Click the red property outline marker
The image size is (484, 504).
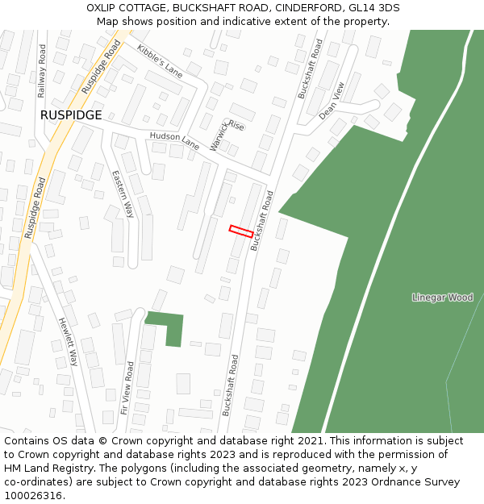coord(241,231)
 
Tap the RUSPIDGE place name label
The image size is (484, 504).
coord(71,115)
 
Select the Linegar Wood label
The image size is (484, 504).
coord(442,298)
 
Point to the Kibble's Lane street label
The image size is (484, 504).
coord(160,60)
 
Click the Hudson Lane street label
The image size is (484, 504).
coord(174,141)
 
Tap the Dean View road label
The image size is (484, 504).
coord(332,101)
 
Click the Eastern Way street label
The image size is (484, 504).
coord(123,194)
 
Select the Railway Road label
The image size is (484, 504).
coord(42,71)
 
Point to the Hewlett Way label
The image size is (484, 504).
coord(68,341)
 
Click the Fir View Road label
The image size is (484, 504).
coord(127,387)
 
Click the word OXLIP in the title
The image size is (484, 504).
coord(104,8)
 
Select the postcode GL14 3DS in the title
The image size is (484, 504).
coord(373,8)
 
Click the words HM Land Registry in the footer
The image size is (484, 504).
coord(43,468)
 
